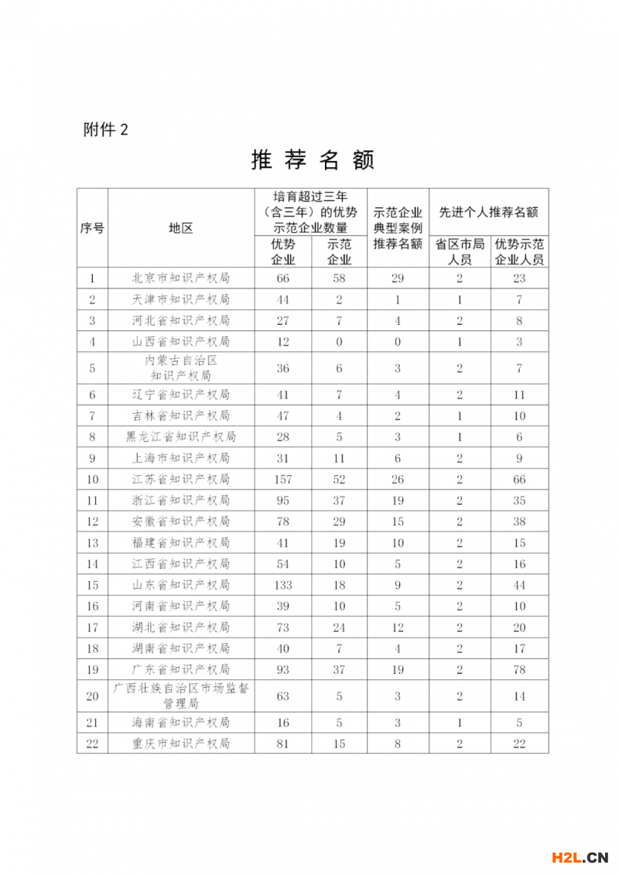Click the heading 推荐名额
(x=313, y=160)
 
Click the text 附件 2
(x=105, y=130)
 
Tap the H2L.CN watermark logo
(x=580, y=856)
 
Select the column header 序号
(x=92, y=228)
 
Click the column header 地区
(x=180, y=228)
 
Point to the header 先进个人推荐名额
(x=488, y=212)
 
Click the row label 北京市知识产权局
(x=180, y=279)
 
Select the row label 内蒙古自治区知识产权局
(x=180, y=368)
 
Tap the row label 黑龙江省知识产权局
(x=180, y=437)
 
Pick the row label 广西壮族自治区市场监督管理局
(x=180, y=696)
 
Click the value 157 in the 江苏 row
(x=282, y=480)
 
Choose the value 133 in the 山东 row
(x=282, y=585)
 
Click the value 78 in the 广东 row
(x=519, y=669)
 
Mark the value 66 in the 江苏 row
(x=519, y=480)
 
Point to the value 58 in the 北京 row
(x=339, y=279)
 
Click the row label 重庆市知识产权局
(x=180, y=743)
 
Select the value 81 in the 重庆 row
(x=282, y=743)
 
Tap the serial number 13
(x=92, y=543)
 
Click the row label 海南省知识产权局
(x=180, y=723)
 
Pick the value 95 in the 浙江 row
(x=282, y=501)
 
